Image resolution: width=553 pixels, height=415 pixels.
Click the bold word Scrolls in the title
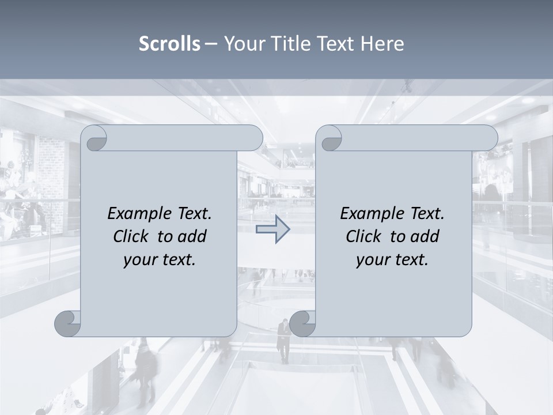pyautogui.click(x=169, y=44)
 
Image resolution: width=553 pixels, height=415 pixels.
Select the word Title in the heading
pyautogui.click(x=286, y=44)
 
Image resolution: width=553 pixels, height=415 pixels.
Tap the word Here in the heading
pyautogui.click(x=382, y=44)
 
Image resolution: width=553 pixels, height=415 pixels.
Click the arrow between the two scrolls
pyautogui.click(x=272, y=229)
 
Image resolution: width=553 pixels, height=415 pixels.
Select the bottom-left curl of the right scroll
pyautogui.click(x=303, y=323)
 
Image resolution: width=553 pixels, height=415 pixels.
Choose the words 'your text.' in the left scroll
pyautogui.click(x=160, y=259)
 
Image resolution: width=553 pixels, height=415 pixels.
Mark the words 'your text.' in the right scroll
pyautogui.click(x=392, y=259)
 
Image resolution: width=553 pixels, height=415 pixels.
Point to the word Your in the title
pyautogui.click(x=244, y=44)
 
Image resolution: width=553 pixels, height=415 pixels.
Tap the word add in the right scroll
pyautogui.click(x=426, y=236)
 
